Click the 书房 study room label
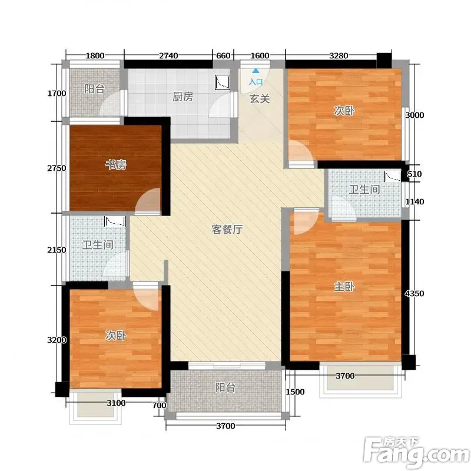115,165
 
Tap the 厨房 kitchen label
183,97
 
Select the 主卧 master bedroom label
344,286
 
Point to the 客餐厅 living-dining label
227,230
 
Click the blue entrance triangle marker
256,71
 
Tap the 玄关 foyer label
260,98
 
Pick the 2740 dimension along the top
168,55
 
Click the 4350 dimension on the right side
414,293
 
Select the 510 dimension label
414,174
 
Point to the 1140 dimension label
414,201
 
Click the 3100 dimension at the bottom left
116,403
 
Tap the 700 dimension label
159,405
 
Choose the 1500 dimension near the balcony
295,392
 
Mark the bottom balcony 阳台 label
225,387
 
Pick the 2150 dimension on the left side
57,250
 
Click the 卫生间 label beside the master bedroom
364,189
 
